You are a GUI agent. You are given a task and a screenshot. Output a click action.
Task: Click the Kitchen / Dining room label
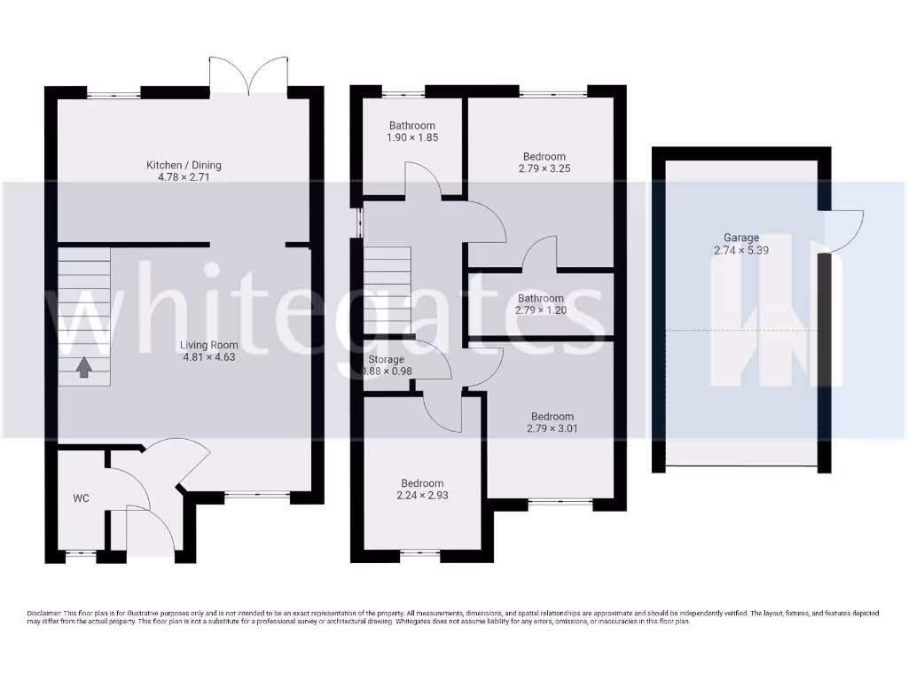184,165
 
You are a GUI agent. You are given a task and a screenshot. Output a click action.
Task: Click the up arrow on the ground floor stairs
83,366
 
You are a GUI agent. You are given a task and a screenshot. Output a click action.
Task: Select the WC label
82,498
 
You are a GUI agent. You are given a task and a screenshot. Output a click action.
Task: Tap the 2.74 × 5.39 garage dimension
741,251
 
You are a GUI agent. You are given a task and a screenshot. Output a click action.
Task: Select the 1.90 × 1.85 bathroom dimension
411,138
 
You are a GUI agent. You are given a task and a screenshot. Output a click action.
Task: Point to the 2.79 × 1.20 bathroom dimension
540,311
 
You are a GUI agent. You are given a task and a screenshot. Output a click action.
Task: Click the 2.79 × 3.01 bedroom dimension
552,429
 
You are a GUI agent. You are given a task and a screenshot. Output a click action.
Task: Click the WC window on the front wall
81,556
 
